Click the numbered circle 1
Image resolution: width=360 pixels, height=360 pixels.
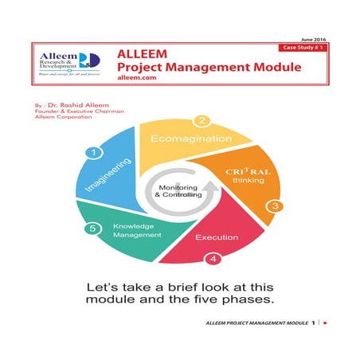click(x=96, y=152)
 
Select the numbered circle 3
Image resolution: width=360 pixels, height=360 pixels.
click(x=276, y=205)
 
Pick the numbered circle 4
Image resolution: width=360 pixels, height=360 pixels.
click(x=212, y=258)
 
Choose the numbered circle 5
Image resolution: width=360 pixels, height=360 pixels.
click(x=94, y=229)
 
